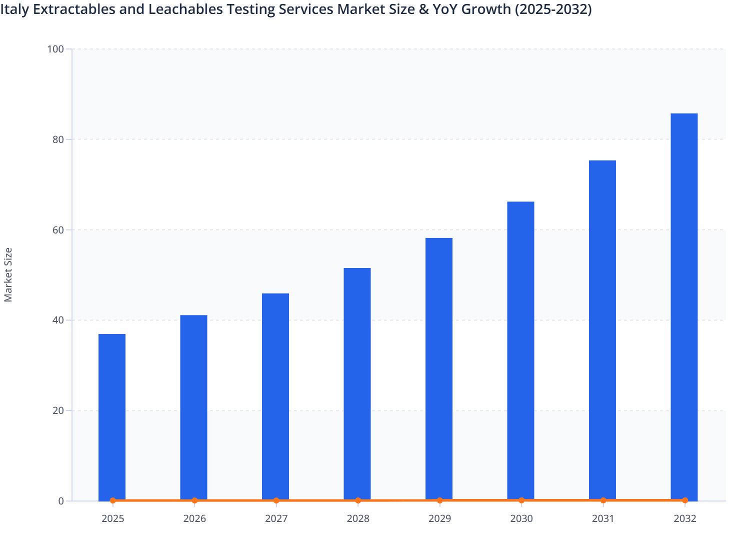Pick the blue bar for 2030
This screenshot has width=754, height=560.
520,350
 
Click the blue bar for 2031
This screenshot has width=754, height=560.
602,330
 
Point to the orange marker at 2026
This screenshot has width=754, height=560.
194,500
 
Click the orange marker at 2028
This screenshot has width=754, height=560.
358,500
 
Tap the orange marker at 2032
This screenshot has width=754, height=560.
685,500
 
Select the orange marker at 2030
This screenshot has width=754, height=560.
521,500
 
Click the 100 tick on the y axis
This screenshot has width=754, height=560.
55,49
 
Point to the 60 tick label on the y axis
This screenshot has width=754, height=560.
58,230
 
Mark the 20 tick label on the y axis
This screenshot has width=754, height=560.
58,410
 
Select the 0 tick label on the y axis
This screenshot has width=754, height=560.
61,501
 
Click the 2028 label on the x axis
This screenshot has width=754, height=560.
358,518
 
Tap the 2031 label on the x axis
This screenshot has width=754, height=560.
603,518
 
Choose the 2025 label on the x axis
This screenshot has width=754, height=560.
112,518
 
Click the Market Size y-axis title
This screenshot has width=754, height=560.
8,274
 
